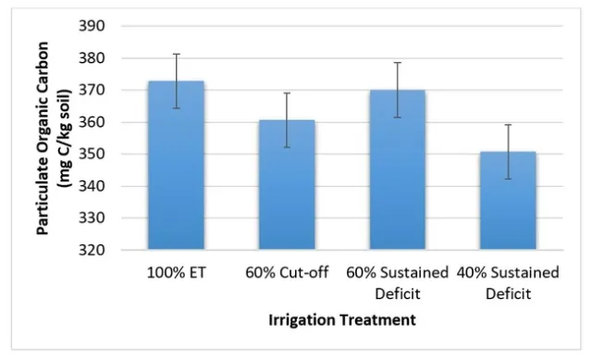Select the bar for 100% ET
tap(176, 166)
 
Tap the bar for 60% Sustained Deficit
tap(397, 170)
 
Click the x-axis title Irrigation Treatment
tap(341, 320)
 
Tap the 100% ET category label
tap(176, 273)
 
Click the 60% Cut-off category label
tap(286, 273)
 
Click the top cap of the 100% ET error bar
tap(176, 54)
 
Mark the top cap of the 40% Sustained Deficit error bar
tap(507, 124)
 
